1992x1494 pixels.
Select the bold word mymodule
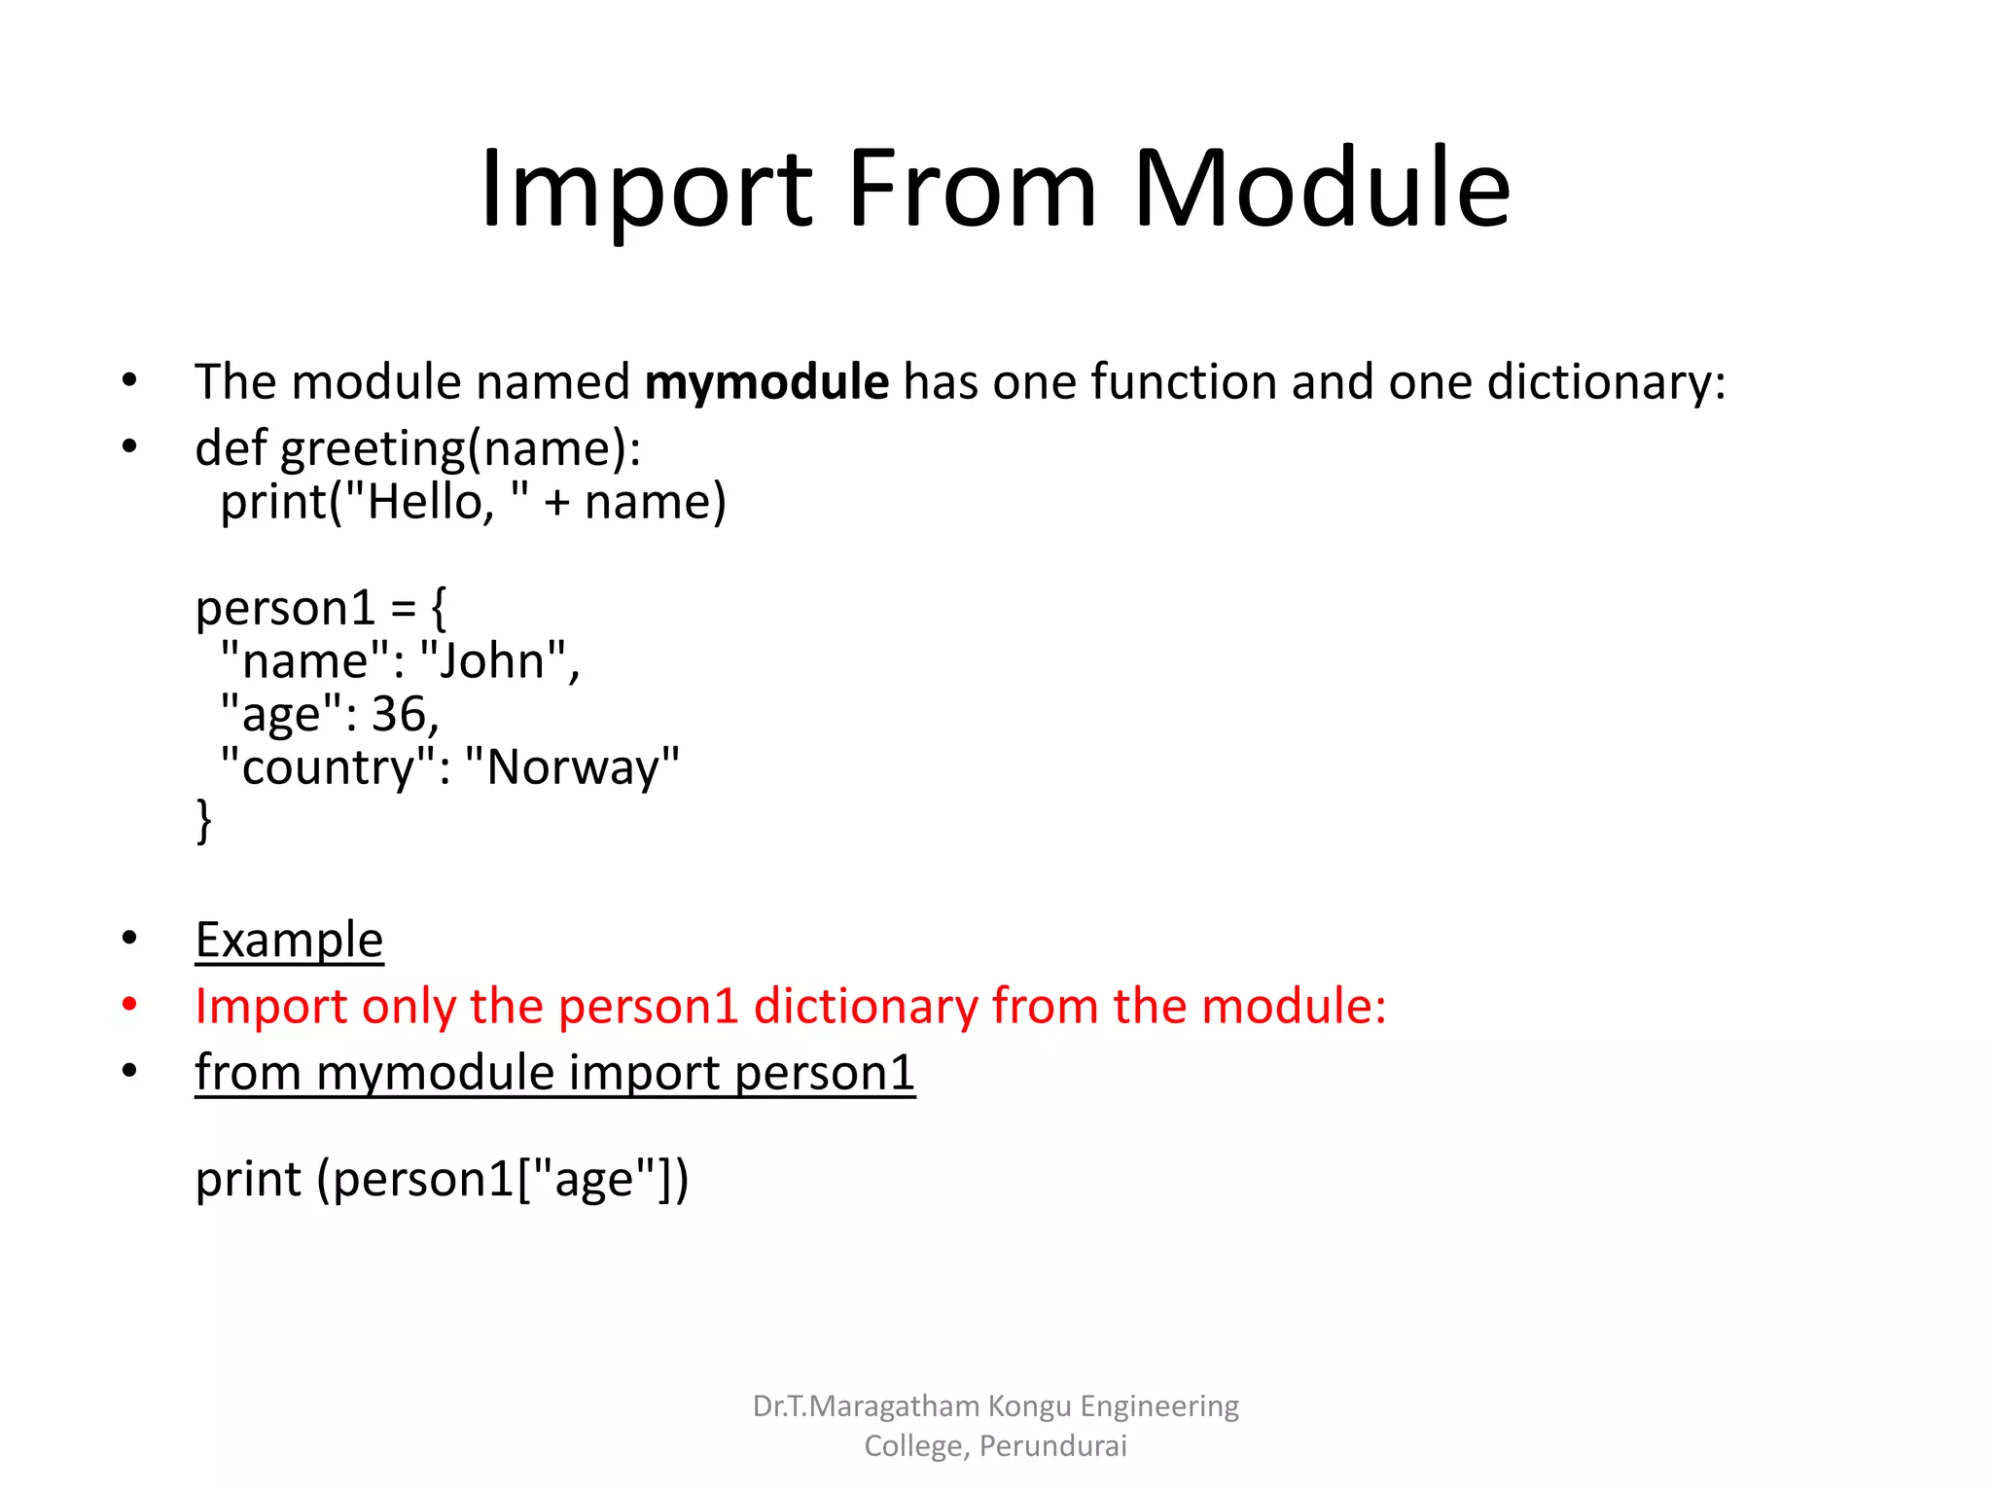(x=766, y=381)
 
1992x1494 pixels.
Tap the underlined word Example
(x=289, y=940)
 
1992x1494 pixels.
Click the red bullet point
(x=129, y=1005)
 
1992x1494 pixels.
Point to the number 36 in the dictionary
(x=399, y=714)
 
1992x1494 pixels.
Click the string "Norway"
(x=572, y=766)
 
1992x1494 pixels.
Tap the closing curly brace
(x=203, y=820)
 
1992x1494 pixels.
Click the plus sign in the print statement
(x=556, y=503)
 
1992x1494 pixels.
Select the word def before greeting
(x=231, y=448)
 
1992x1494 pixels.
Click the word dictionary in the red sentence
(x=866, y=1006)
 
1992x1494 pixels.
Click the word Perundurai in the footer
(x=1052, y=1445)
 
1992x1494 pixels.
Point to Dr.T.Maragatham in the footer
(x=866, y=1406)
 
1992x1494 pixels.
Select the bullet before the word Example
(x=129, y=939)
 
